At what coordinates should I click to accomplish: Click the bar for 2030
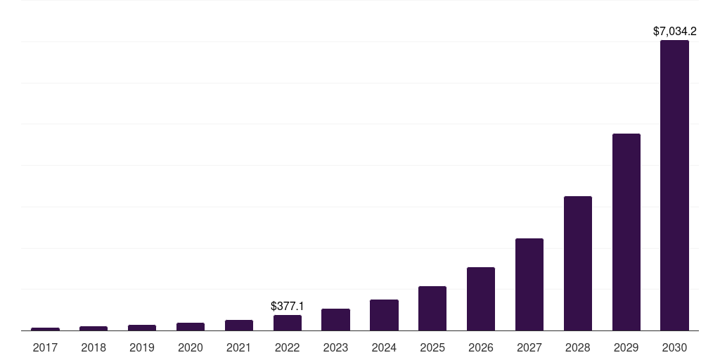tap(674, 185)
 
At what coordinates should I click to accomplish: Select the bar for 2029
tap(626, 232)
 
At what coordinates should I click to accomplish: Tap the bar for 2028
tap(577, 263)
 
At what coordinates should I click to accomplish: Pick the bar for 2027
tap(529, 284)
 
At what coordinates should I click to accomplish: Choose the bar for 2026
tap(481, 299)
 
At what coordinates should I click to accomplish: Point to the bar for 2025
tap(432, 308)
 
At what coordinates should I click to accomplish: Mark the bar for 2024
tap(384, 315)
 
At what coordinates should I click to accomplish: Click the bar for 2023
tap(335, 319)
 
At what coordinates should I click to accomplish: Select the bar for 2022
tap(288, 323)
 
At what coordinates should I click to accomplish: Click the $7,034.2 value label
tap(674, 31)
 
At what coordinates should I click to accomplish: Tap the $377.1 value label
tap(288, 307)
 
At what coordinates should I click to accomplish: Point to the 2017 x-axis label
tap(45, 347)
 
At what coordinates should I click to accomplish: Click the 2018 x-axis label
tap(94, 347)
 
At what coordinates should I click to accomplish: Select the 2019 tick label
tap(142, 347)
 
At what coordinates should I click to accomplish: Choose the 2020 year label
tap(191, 347)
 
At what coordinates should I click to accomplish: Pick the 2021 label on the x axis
tap(239, 347)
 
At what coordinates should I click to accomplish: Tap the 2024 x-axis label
tap(384, 347)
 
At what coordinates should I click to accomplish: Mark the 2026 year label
tap(481, 347)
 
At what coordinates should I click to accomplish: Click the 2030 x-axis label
tap(674, 347)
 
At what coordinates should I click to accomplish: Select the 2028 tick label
tap(577, 347)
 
